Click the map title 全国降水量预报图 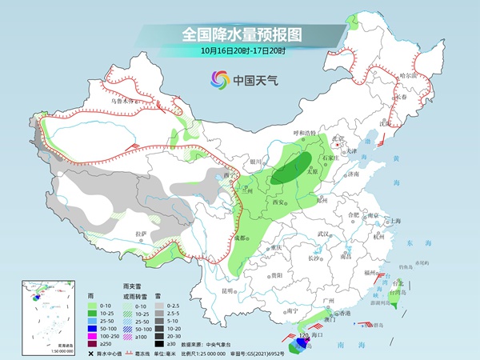[239, 34]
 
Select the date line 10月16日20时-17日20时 [239, 50]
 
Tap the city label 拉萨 [142, 234]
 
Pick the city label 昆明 [229, 290]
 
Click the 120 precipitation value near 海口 [303, 335]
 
